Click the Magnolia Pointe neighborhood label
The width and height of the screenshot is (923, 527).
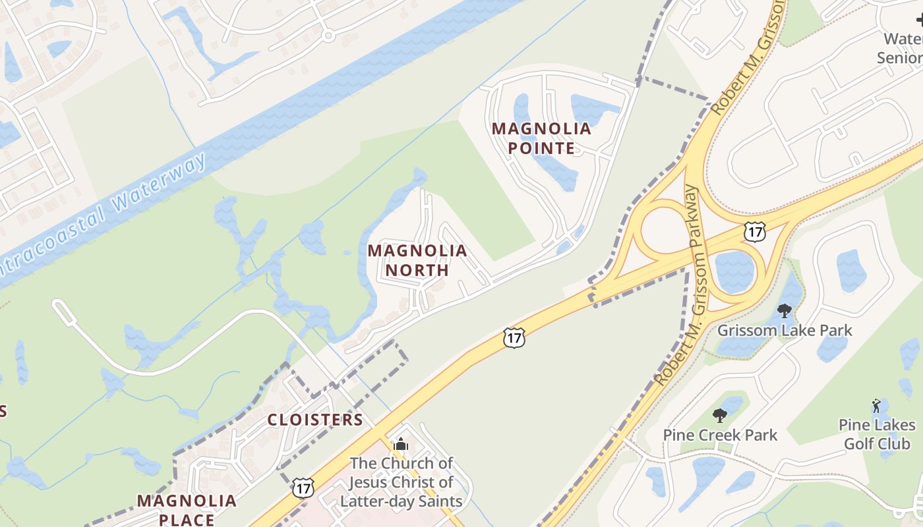point(541,138)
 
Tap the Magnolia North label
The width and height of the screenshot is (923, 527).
point(417,260)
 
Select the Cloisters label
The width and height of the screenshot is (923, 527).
point(315,420)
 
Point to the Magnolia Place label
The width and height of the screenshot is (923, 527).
point(187,509)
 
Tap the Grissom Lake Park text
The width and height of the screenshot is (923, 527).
point(785,330)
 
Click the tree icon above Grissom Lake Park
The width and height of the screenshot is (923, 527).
point(785,310)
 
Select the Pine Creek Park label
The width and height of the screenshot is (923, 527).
point(720,435)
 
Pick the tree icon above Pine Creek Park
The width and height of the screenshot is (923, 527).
point(720,416)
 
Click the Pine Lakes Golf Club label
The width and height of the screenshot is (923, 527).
point(877,434)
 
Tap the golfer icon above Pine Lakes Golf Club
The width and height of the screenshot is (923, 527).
point(876,406)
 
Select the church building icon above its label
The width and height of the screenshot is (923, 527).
point(401,445)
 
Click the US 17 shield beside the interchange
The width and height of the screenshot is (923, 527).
point(754,231)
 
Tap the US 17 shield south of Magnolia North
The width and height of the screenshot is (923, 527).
point(514,338)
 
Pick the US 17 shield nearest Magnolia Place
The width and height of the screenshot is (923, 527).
point(303,488)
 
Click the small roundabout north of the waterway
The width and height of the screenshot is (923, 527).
point(328,35)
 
